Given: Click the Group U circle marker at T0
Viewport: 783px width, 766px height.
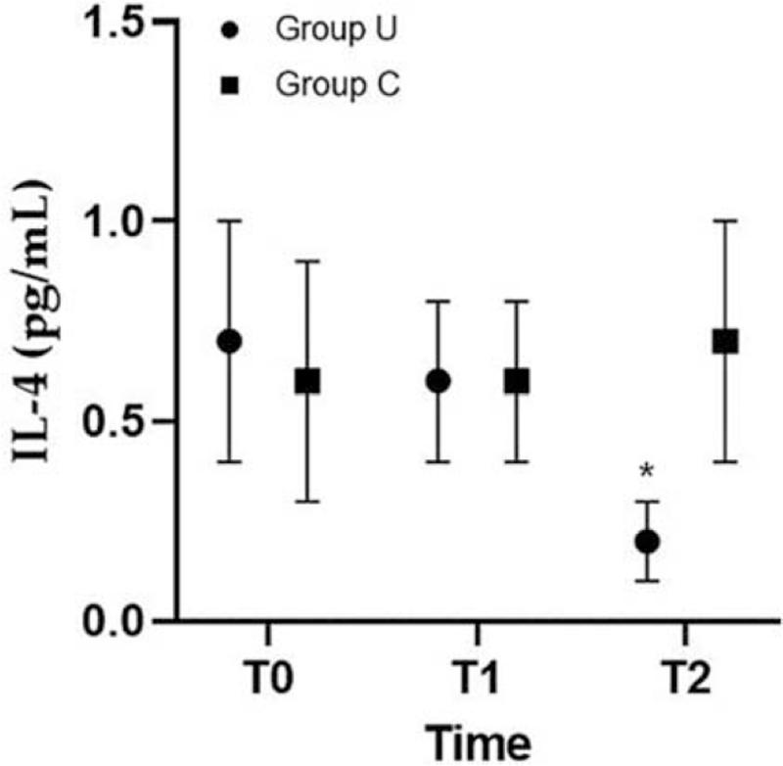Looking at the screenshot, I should click(229, 341).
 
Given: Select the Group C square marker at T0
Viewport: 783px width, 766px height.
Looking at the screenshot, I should click(307, 381).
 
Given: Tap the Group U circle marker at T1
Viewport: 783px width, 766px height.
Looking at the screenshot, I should click(438, 381).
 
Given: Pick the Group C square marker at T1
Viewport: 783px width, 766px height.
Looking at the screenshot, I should click(517, 381).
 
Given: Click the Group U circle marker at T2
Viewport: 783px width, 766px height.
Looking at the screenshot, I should click(647, 541).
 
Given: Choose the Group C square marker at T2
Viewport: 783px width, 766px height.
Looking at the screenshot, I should click(725, 341).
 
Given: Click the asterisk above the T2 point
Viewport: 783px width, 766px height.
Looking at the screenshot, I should click(647, 472).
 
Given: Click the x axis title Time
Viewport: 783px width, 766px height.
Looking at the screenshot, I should click(477, 738).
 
